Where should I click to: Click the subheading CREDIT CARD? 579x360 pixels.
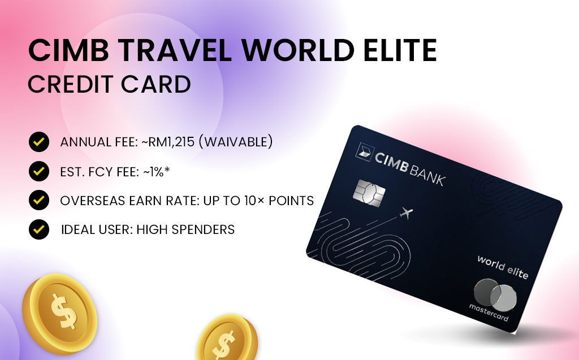click(x=109, y=84)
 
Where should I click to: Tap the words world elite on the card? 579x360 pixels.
click(x=502, y=267)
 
